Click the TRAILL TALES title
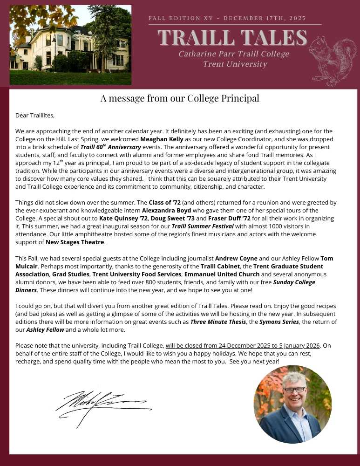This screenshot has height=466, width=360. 232,38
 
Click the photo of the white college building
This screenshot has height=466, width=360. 70,45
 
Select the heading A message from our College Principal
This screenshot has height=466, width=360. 180,98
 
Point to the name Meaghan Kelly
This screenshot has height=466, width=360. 163,139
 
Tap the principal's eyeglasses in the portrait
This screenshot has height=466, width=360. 294,390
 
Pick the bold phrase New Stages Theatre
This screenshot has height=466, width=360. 75,242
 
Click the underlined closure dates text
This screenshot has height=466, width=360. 243,346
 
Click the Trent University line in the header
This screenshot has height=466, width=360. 235,64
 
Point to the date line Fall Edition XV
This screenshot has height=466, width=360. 227,18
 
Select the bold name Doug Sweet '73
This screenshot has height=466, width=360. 177,218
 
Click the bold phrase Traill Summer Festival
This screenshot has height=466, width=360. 202,226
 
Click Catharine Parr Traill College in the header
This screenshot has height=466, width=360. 233,54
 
